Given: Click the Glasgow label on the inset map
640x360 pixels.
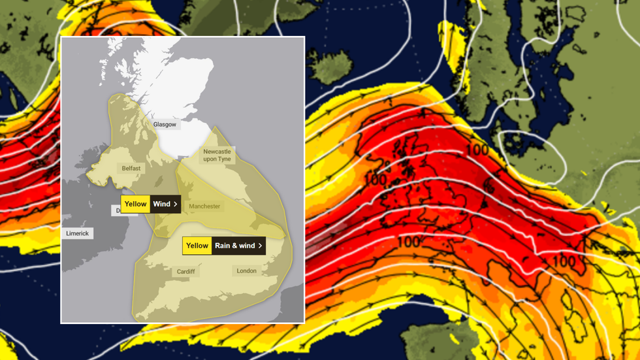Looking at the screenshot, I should [165, 124].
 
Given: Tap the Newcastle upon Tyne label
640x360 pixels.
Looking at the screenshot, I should [217, 155].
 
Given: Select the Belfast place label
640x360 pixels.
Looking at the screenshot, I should [131, 168].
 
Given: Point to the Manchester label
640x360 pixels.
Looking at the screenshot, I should [204, 206].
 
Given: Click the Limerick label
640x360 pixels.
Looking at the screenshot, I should [77, 233].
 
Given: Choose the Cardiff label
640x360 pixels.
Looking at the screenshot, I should [185, 271].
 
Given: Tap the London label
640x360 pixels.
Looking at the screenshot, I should [246, 270].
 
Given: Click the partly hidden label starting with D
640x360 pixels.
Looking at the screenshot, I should [118, 210].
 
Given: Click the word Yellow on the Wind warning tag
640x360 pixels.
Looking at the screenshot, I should [135, 204].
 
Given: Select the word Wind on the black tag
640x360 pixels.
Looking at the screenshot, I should [161, 204].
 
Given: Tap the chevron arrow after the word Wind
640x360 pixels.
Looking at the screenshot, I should [175, 204].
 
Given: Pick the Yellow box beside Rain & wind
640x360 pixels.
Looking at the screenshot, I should [197, 246].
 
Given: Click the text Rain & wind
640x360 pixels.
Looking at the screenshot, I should [234, 246].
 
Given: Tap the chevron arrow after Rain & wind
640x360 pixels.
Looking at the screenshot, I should [260, 246].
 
